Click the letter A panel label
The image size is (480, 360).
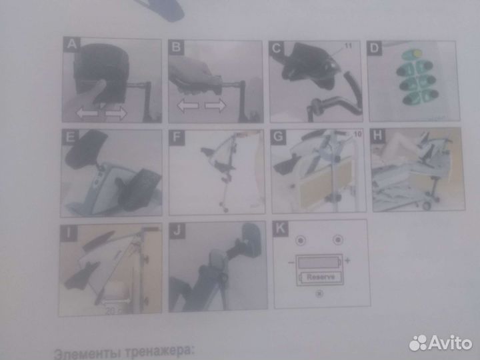pyautogui.click(x=69, y=45)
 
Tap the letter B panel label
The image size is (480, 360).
pyautogui.click(x=175, y=46)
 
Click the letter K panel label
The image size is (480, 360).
pyautogui.click(x=279, y=229)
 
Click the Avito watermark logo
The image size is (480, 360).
pyautogui.click(x=441, y=343)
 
